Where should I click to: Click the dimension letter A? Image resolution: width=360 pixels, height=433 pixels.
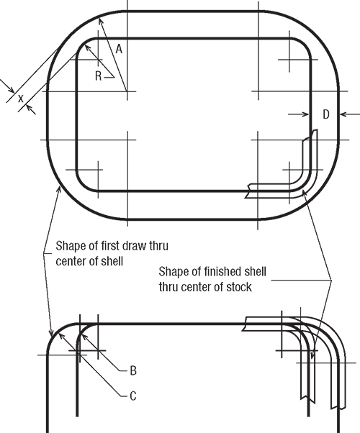tap(119, 49)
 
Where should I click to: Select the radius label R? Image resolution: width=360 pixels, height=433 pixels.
tap(98, 76)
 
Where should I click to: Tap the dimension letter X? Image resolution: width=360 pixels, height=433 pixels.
tap(21, 99)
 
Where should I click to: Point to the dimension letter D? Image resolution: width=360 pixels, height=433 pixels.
tap(326, 114)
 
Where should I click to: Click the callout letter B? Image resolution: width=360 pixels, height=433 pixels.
tap(133, 370)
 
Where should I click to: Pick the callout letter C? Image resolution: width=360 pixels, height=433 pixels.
tap(133, 396)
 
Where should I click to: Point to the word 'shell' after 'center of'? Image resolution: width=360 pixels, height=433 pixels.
tap(112, 261)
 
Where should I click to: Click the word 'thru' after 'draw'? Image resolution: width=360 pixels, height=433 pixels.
tap(158, 245)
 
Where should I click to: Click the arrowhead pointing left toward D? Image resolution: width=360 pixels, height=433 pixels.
tap(343, 114)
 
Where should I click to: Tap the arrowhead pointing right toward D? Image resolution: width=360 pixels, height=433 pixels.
tap(305, 114)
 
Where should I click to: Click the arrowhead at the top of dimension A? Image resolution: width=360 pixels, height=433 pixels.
tap(101, 21)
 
